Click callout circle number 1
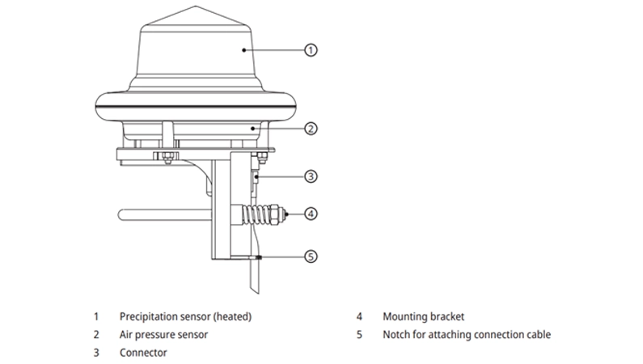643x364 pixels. tap(311, 49)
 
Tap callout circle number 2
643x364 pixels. tap(311, 128)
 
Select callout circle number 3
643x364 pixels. tap(311, 176)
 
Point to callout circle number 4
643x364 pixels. tap(311, 214)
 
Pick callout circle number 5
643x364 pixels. tap(311, 256)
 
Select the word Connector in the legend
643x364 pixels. tap(143, 353)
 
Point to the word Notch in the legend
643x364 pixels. tap(397, 334)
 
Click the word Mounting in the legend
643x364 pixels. tap(406, 316)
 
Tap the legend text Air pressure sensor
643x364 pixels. tap(163, 334)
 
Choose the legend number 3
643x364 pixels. tap(96, 353)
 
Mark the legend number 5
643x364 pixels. tap(359, 334)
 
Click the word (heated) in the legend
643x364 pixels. tap(233, 316)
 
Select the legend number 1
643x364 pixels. tap(96, 316)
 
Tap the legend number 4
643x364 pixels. tap(359, 316)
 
